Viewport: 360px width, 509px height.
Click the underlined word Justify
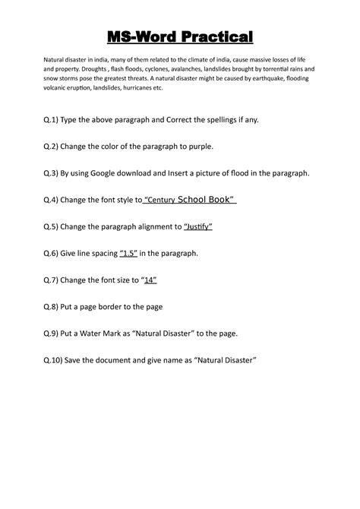(x=199, y=226)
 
